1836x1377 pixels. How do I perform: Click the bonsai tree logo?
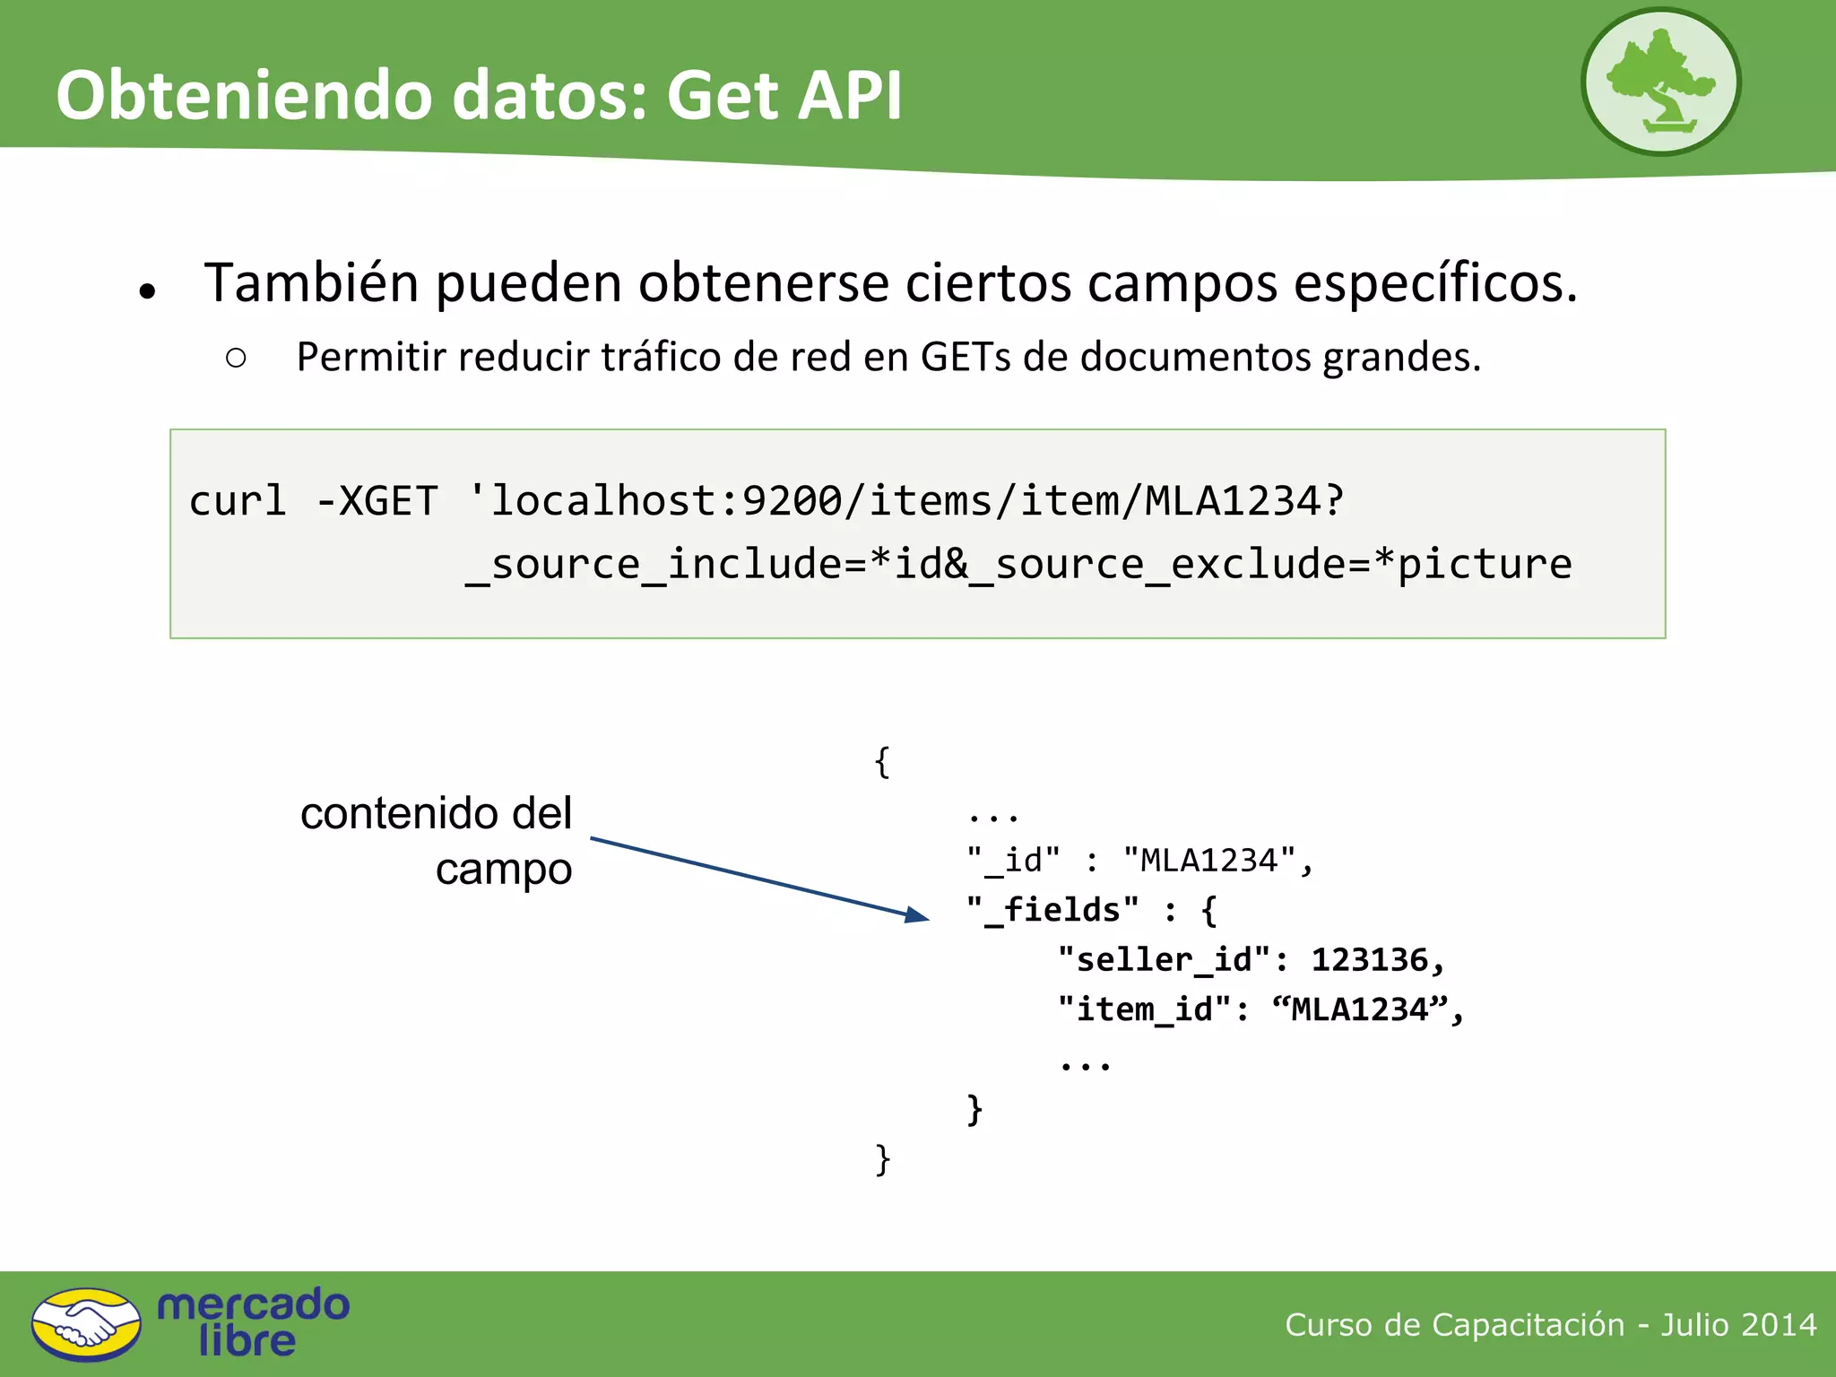pos(1660,82)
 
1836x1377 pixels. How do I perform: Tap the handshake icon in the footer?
pos(86,1324)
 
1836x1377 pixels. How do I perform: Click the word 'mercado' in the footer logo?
pos(253,1304)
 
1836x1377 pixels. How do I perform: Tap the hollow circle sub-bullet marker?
pos(236,359)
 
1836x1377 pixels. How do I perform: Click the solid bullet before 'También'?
pos(148,290)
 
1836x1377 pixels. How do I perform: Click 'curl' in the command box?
pos(238,500)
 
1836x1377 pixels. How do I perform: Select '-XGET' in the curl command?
pos(377,500)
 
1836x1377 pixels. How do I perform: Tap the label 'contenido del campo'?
pos(437,840)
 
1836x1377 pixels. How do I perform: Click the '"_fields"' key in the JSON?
pos(1052,910)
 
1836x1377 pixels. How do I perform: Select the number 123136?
pos(1370,960)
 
